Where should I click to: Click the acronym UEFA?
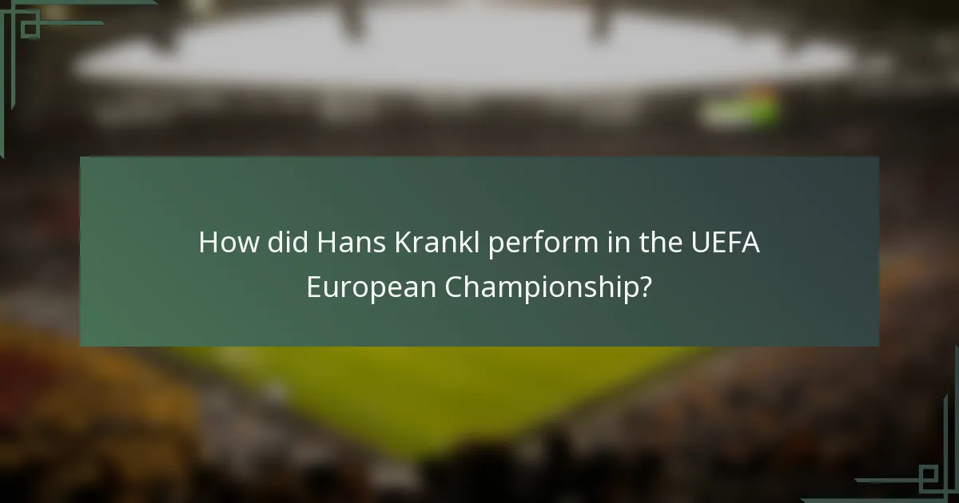tap(726, 242)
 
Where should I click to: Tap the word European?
tap(371, 287)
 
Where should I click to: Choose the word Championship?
tap(541, 287)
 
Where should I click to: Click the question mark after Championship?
tap(644, 286)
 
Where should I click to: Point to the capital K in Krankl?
tap(402, 242)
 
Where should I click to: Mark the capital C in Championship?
tap(452, 286)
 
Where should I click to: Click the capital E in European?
tap(313, 286)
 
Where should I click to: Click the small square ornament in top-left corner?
tap(29, 27)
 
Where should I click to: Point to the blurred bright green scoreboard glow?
tap(740, 110)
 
